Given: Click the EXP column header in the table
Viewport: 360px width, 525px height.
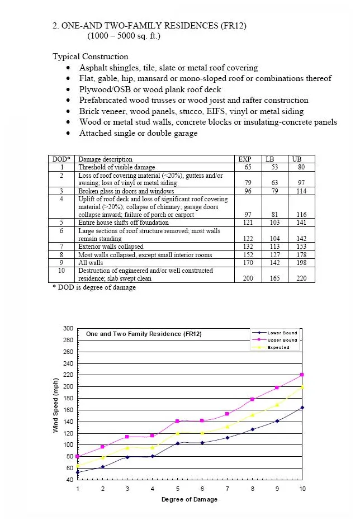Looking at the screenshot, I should tap(245, 159).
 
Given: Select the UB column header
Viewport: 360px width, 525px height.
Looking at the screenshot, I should tap(296, 159).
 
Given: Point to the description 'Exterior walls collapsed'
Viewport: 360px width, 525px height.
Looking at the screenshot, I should tap(111, 247).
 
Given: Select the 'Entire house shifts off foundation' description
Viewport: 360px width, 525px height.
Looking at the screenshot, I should tap(124, 223).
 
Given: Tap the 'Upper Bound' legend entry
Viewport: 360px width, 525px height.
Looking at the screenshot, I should tap(282, 340).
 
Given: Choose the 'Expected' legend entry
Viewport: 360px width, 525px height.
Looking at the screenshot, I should tap(278, 347).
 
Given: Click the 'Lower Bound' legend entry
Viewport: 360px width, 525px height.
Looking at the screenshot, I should tap(282, 333).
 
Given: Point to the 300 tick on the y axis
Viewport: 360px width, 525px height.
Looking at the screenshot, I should tap(68, 328).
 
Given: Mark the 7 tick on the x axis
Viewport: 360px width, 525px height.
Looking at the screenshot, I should tap(227, 489).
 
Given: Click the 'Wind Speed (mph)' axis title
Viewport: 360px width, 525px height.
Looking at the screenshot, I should tap(56, 404).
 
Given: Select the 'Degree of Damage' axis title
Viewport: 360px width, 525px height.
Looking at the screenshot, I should tap(190, 499).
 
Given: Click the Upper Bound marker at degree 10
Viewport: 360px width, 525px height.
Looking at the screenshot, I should tap(302, 375).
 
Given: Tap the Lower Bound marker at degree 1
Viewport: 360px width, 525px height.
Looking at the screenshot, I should tap(78, 472).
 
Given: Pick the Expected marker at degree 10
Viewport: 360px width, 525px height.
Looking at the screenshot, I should tap(302, 386).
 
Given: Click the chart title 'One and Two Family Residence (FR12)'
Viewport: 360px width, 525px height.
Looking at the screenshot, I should tap(144, 334).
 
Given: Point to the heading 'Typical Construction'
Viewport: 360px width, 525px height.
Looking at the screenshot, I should tap(90, 56).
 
